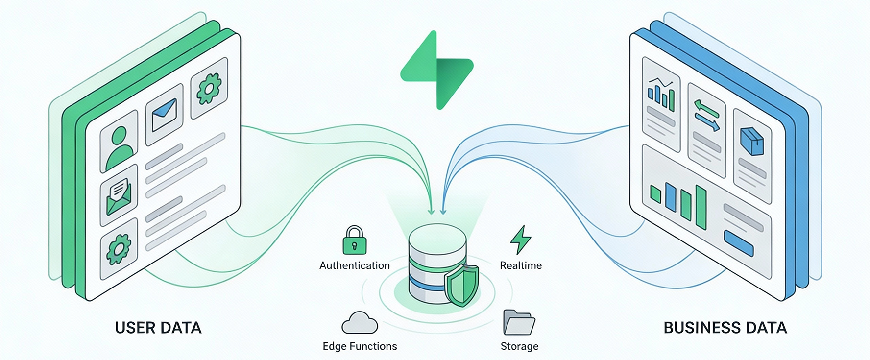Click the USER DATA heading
158,328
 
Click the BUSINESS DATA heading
725,328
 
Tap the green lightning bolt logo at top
437,70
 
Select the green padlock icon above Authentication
355,240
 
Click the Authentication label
355,265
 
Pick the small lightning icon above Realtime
520,240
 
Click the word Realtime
521,265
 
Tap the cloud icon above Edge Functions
360,323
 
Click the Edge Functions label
360,346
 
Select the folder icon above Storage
519,323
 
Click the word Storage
519,346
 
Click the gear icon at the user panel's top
209,89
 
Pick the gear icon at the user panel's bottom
119,249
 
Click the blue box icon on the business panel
752,142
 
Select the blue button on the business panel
738,243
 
